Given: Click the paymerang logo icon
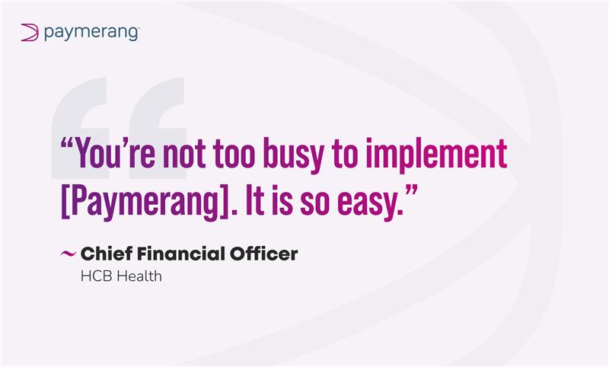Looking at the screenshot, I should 29,32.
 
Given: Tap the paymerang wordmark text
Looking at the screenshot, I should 91,32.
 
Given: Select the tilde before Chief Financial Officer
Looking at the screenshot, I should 67,254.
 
